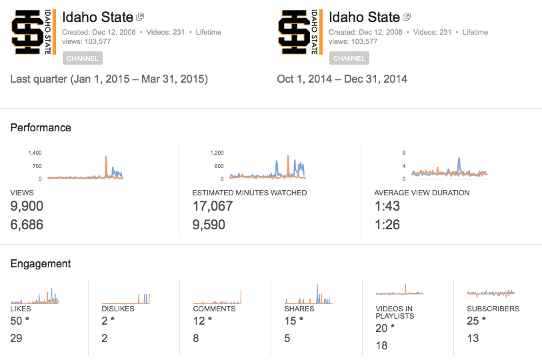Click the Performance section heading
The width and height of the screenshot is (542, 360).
[41, 127]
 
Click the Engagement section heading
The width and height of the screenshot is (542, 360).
[41, 263]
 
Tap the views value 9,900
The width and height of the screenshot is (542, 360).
[27, 206]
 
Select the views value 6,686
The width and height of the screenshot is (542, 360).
[27, 225]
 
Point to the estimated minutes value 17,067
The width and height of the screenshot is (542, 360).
[213, 206]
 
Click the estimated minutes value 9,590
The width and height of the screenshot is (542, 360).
[209, 225]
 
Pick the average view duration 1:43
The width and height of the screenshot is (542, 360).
[387, 206]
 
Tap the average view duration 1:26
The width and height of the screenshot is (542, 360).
[387, 225]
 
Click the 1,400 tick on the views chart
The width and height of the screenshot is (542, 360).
[35, 153]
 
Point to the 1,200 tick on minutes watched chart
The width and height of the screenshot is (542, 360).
[217, 153]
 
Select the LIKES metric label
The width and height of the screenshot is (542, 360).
[21, 309]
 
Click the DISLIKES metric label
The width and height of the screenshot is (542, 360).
[117, 309]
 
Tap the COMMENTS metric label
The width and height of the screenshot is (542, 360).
[214, 309]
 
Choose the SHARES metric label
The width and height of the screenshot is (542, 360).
[299, 309]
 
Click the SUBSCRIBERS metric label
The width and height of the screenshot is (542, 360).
[493, 309]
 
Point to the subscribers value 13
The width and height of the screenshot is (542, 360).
[473, 338]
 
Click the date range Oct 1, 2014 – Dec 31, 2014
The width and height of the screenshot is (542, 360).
[342, 79]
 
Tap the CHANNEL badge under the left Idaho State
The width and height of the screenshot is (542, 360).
[83, 58]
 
